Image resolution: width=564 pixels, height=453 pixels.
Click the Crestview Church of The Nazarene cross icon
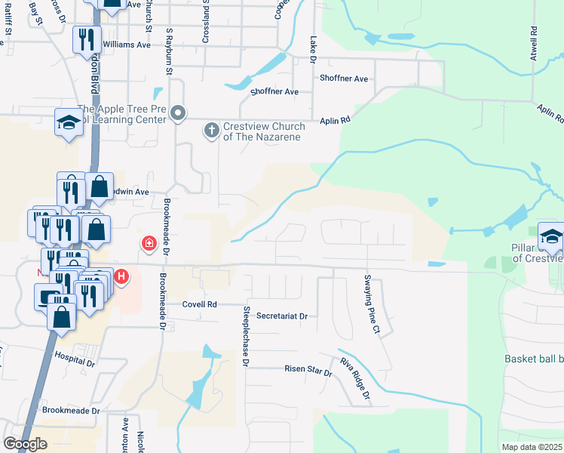[x=211, y=131]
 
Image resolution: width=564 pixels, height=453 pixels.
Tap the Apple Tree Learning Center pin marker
[x=178, y=114]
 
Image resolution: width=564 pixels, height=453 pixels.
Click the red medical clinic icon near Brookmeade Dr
[x=149, y=243]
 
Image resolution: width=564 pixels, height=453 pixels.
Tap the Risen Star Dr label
[x=308, y=368]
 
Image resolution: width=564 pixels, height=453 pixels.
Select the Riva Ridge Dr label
[x=355, y=378]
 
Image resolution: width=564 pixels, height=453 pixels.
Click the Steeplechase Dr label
[x=245, y=336]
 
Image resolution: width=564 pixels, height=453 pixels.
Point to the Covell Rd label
[x=199, y=304]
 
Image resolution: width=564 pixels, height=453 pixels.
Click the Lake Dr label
[x=312, y=43]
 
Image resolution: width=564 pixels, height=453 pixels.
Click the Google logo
[x=26, y=444]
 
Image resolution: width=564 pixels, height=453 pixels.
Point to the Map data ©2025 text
[x=532, y=447]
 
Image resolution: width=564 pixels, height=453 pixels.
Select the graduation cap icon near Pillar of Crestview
[x=551, y=236]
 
